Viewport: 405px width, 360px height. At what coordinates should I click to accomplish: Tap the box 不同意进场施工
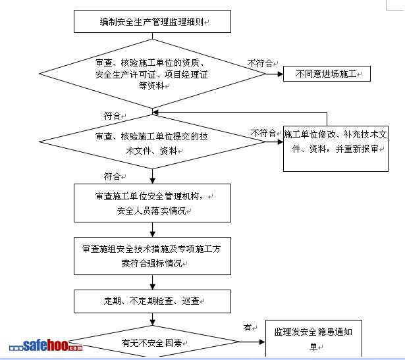pyautogui.click(x=327, y=75)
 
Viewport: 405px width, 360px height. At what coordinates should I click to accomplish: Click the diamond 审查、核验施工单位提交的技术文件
pyautogui.click(x=153, y=142)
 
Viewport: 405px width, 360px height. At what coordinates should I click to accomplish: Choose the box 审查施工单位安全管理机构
pyautogui.click(x=153, y=204)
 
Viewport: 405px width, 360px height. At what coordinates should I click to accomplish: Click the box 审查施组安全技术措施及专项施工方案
pyautogui.click(x=153, y=257)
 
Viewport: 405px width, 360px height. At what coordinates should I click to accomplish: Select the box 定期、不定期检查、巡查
pyautogui.click(x=153, y=301)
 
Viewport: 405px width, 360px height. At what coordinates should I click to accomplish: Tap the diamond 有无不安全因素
pyautogui.click(x=153, y=343)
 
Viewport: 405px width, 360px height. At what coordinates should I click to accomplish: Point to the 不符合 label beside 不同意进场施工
pyautogui.click(x=260, y=64)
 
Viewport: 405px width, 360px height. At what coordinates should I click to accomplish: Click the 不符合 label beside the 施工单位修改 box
pyautogui.click(x=263, y=132)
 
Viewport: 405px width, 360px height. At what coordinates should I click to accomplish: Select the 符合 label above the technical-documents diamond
pyautogui.click(x=112, y=116)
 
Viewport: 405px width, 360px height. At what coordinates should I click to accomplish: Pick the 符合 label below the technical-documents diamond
pyautogui.click(x=112, y=176)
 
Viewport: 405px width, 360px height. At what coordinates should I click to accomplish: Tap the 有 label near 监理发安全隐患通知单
pyautogui.click(x=247, y=327)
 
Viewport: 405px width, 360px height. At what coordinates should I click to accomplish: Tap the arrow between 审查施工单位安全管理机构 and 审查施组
pyautogui.click(x=153, y=230)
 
